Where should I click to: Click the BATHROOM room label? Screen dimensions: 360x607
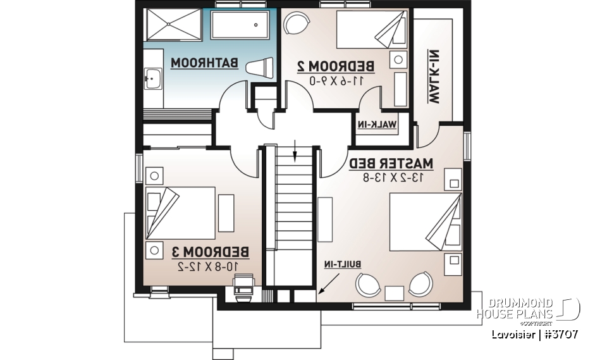coord(204,63)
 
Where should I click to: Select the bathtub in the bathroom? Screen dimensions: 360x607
coord(243,25)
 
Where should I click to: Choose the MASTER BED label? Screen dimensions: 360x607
coord(390,163)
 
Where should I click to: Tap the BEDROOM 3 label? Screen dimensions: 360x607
coord(211,252)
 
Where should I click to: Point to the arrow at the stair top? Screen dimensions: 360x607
coord(295,152)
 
